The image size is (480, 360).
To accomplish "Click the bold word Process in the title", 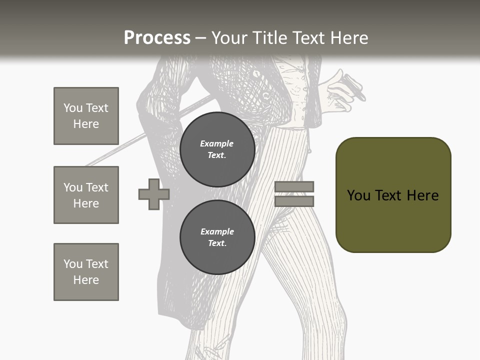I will pyautogui.click(x=157, y=37).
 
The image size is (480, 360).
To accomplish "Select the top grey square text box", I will pyautogui.click(x=86, y=116).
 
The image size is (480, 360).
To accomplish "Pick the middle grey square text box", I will pyautogui.click(x=86, y=195).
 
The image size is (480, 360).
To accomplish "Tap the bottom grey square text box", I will pyautogui.click(x=86, y=272).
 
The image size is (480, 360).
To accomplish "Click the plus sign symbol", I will pyautogui.click(x=153, y=194).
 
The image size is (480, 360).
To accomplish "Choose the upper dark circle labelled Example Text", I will pyautogui.click(x=217, y=149).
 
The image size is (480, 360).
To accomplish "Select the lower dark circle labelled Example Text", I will pyautogui.click(x=217, y=237).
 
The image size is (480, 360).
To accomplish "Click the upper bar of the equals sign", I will pyautogui.click(x=294, y=186).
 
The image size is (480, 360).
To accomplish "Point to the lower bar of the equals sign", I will pyautogui.click(x=294, y=201).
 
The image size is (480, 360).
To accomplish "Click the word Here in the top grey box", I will pyautogui.click(x=86, y=124).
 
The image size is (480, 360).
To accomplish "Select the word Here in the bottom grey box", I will pyautogui.click(x=86, y=280).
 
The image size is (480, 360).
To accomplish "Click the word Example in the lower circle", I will pyautogui.click(x=217, y=231).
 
